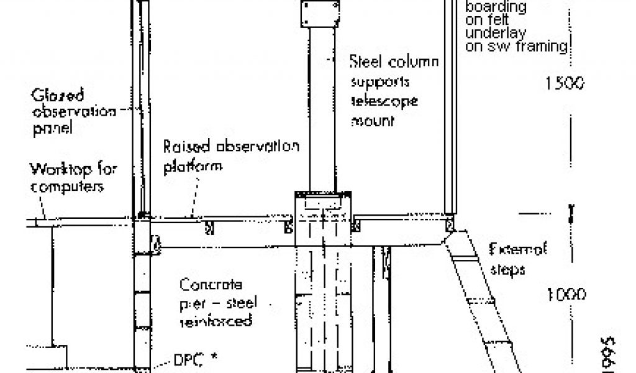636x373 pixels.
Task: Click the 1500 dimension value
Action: [x=565, y=83]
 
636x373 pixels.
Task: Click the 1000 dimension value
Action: [x=566, y=295]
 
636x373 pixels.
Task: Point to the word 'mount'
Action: [x=373, y=121]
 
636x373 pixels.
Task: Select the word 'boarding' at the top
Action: [x=496, y=8]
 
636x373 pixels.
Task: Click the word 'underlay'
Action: [x=490, y=33]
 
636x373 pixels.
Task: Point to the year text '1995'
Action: [x=608, y=354]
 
